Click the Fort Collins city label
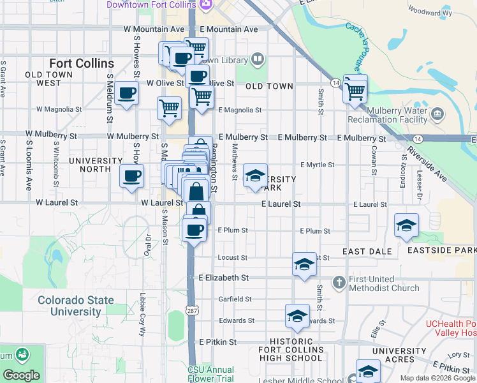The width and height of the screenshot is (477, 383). tap(82, 63)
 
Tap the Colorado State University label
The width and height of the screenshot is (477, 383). tap(76, 306)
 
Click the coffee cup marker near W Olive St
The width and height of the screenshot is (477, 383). tap(126, 93)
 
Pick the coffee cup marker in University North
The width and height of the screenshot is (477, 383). tap(131, 176)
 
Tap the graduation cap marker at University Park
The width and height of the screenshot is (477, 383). tap(255, 176)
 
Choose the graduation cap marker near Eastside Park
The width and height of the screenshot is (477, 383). tap(406, 225)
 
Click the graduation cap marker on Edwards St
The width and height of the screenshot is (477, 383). tap(297, 316)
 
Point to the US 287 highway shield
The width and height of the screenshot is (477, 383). tap(191, 310)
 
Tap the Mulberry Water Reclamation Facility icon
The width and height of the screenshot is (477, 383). tap(437, 114)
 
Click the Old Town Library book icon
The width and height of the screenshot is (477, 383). tap(257, 60)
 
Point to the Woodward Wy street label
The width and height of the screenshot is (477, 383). tap(429, 11)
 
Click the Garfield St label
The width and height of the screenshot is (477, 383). tap(235, 299)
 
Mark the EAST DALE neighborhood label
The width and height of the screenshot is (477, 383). tap(367, 252)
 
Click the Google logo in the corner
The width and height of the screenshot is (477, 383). tap(21, 375)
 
